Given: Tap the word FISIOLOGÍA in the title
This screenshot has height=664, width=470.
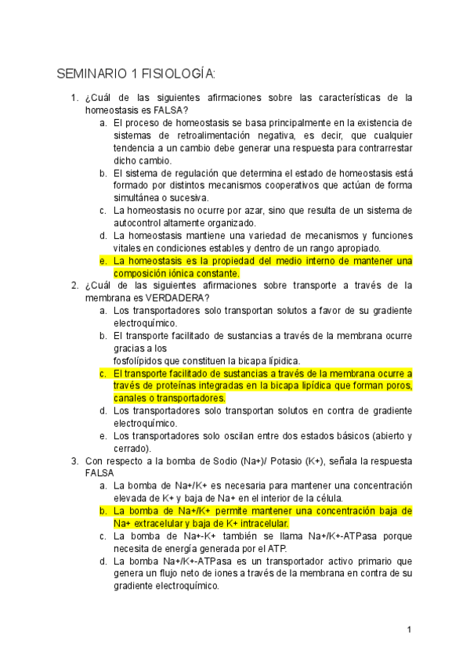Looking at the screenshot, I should [x=177, y=74].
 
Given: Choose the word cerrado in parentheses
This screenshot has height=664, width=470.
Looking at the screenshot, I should [x=132, y=448].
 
